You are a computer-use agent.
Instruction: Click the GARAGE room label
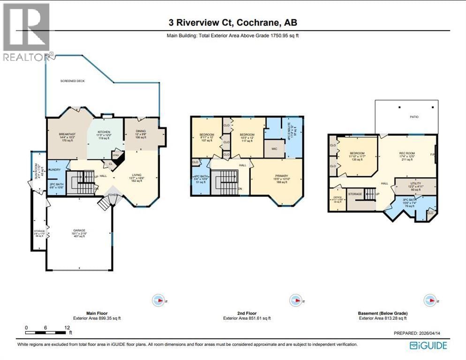click(79, 231)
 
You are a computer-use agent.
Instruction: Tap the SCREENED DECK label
click(72, 81)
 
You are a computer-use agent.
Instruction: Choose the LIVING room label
click(136, 175)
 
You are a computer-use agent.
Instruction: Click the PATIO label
click(414, 117)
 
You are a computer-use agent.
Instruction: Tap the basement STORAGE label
click(355, 194)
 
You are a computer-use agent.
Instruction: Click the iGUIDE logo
click(428, 345)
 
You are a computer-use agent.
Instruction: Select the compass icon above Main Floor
click(159, 300)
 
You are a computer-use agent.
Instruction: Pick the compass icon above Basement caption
click(429, 300)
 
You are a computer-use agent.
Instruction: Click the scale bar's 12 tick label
click(67, 327)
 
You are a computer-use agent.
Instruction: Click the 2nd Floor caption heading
click(247, 313)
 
